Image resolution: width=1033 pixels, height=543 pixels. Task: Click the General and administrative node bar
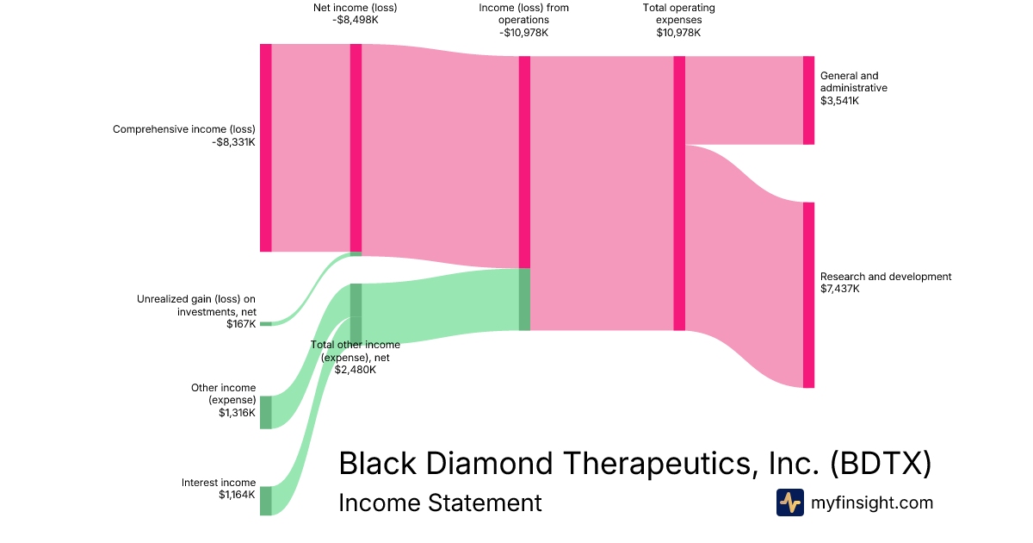[808, 100]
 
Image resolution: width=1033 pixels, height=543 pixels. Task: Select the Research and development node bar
[808, 295]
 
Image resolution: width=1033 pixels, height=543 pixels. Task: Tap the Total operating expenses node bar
[679, 193]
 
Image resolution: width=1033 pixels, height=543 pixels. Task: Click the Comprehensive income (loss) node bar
[266, 147]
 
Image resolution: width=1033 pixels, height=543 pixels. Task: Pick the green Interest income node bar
[266, 501]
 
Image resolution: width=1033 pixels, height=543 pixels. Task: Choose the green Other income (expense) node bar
[266, 412]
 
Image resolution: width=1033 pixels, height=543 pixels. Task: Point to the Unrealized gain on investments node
[266, 323]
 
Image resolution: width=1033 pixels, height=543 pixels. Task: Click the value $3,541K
[840, 101]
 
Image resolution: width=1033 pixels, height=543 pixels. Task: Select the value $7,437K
[840, 290]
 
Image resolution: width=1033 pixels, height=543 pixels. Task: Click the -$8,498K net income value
[355, 21]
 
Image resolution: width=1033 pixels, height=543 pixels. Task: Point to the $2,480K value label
[355, 370]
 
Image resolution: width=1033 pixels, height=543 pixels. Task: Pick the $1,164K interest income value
[237, 495]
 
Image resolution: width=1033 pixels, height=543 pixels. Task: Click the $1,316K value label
[237, 413]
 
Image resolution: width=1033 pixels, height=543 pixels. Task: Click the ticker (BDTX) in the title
[881, 464]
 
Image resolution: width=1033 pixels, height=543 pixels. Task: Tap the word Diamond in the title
[495, 464]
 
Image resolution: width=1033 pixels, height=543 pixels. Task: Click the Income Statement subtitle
[440, 502]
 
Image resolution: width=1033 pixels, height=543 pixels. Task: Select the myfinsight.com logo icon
[789, 502]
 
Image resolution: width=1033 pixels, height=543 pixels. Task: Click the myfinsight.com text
[872, 502]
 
